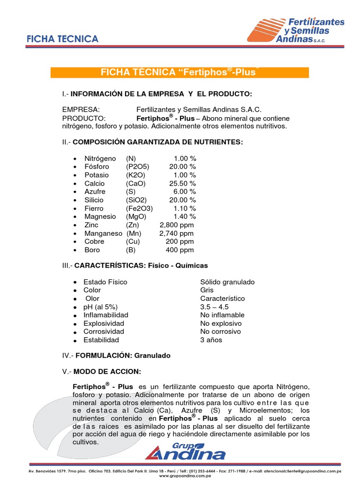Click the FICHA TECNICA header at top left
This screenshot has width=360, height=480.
pos(62,39)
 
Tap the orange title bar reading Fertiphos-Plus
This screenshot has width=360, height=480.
pos(180,72)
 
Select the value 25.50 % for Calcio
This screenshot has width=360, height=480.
pos(182,183)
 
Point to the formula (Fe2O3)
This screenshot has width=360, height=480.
pos(139,208)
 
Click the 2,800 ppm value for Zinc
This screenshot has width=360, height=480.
pos(176,225)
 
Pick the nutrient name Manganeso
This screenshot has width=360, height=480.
pos(103,233)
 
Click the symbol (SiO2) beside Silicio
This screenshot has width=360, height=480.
pos(136,200)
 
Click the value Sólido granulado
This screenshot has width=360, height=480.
pos(227,282)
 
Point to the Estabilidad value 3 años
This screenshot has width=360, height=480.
pos(211,340)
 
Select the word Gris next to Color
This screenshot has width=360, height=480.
pos(207,290)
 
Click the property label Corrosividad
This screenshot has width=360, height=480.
pos(104,331)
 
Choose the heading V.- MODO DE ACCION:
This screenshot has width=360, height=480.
pos(102,372)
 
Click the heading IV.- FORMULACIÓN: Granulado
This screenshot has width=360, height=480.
pos(116,355)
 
